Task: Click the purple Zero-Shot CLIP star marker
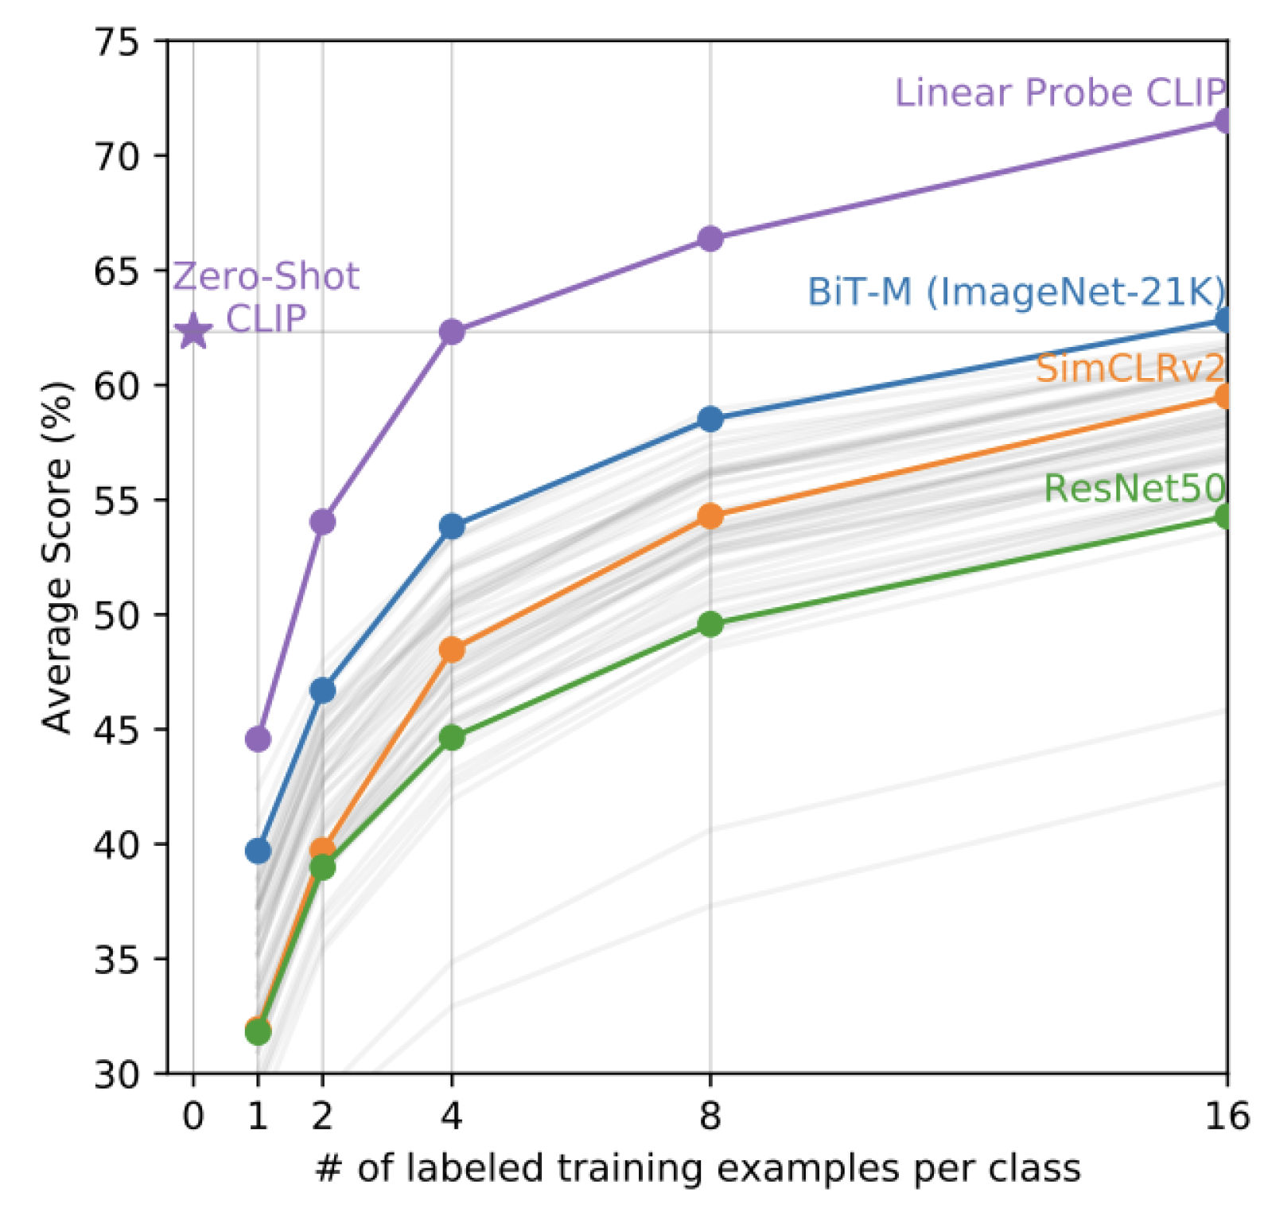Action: [193, 332]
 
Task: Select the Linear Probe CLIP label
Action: [1059, 93]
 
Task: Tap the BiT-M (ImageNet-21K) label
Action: [1016, 292]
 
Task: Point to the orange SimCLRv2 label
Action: [1129, 368]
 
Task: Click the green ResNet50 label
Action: [1134, 488]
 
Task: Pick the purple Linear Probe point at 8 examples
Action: [710, 239]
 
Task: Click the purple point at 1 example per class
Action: [258, 739]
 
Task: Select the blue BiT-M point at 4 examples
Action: [452, 526]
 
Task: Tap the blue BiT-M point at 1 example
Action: [258, 851]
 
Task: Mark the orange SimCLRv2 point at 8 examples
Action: [710, 516]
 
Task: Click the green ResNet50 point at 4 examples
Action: [452, 738]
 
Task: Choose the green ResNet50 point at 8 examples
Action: [710, 624]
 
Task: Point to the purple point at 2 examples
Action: [322, 522]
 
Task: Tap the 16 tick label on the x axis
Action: [1226, 1117]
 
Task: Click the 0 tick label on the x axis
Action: [193, 1117]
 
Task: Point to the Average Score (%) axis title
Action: [56, 557]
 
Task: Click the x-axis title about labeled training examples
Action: [698, 1169]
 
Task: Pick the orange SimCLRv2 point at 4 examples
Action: [452, 649]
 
